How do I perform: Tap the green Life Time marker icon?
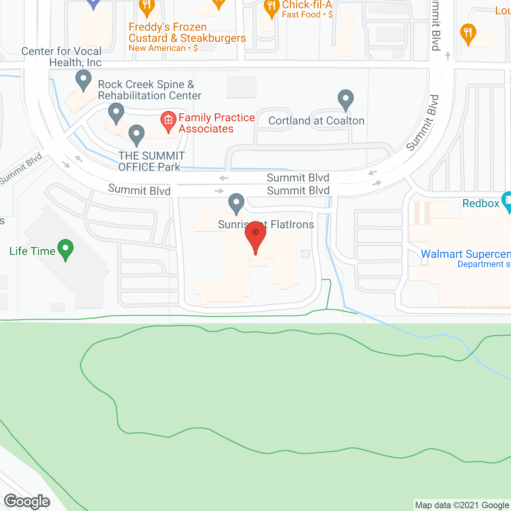pyautogui.click(x=65, y=249)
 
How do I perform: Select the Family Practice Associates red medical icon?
pyautogui.click(x=168, y=121)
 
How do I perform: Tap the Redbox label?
pyautogui.click(x=481, y=204)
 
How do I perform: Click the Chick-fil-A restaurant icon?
pyautogui.click(x=271, y=7)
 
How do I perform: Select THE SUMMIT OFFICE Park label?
pyautogui.click(x=151, y=161)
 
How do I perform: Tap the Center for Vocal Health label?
pyautogui.click(x=61, y=57)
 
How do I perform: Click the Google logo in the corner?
pyautogui.click(x=27, y=501)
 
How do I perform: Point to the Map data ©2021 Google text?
pyautogui.click(x=462, y=505)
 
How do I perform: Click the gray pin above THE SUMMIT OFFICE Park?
pyautogui.click(x=137, y=135)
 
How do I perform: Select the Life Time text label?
pyautogui.click(x=32, y=251)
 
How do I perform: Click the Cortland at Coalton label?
pyautogui.click(x=316, y=121)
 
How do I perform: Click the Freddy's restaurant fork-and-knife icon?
pyautogui.click(x=147, y=6)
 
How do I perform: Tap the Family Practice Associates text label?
pyautogui.click(x=216, y=123)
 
